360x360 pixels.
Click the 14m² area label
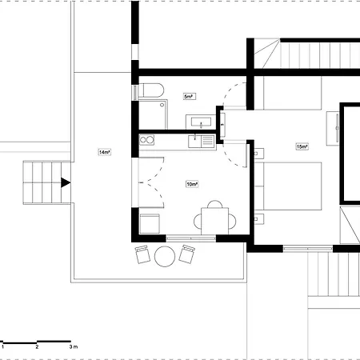pyautogui.click(x=104, y=152)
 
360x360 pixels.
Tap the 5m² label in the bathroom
pyautogui.click(x=188, y=97)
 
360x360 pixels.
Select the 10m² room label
pyautogui.click(x=191, y=184)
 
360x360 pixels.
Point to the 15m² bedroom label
pyautogui.click(x=302, y=147)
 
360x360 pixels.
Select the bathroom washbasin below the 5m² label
pyautogui.click(x=199, y=122)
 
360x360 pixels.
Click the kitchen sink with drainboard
pyautogui.click(x=202, y=141)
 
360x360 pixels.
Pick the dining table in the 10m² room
pyautogui.click(x=214, y=219)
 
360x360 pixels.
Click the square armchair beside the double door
pyautogui.click(x=150, y=222)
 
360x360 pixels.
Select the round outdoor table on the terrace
pyautogui.click(x=166, y=256)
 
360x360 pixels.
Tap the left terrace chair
pyautogui.click(x=143, y=255)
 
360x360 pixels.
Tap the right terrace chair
pyautogui.click(x=188, y=254)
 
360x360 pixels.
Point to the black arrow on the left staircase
pyautogui.click(x=65, y=183)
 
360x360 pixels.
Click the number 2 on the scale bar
pyautogui.click(x=38, y=348)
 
